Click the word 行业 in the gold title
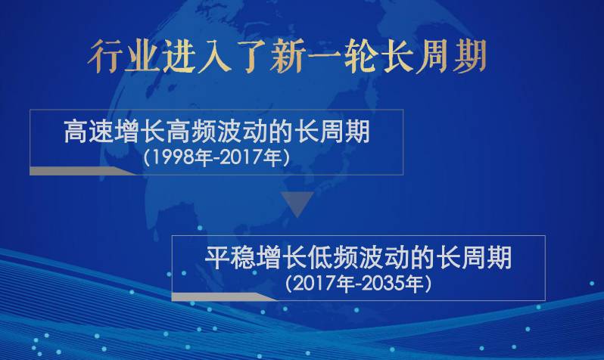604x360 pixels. tap(123, 57)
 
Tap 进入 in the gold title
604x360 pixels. tap(196, 57)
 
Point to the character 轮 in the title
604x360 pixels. tap(360, 57)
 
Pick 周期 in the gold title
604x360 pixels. tap(451, 57)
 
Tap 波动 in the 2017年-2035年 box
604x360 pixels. tap(384, 258)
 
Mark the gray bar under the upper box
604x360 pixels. tap(83, 171)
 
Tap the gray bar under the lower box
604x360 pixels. tap(224, 296)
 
